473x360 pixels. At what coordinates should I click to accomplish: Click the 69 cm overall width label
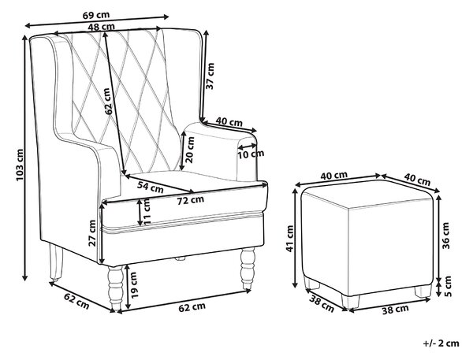(95, 14)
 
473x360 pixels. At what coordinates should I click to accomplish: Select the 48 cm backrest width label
(102, 27)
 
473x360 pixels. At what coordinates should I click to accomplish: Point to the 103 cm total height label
(19, 165)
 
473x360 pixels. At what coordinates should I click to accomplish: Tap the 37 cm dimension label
(210, 76)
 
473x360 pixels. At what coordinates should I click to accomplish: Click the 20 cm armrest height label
(190, 150)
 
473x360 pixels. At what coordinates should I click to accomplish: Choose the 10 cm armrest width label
(251, 154)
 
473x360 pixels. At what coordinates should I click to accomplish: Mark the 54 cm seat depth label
(151, 187)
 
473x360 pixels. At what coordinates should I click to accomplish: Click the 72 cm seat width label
(190, 200)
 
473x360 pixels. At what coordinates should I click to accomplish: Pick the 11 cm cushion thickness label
(147, 211)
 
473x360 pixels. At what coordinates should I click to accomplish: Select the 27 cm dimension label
(92, 233)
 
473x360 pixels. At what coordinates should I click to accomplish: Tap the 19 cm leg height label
(134, 285)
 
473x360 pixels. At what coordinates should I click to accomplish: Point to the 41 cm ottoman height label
(290, 238)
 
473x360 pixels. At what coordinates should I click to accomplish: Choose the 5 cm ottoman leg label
(448, 287)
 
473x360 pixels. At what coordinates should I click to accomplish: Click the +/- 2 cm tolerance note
(441, 343)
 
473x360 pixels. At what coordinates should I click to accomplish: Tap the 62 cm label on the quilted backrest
(108, 102)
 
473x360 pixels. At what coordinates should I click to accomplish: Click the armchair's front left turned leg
(116, 288)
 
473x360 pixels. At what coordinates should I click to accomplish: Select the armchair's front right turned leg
(248, 268)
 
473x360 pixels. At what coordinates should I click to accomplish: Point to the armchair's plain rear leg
(55, 262)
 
